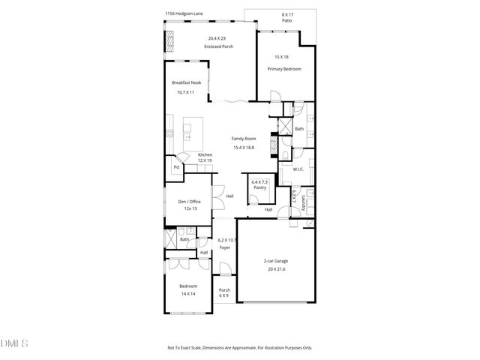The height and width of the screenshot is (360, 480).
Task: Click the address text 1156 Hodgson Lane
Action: click(x=183, y=13)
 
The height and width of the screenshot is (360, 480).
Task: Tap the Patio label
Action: click(x=287, y=20)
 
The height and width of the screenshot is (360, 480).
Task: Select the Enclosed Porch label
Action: click(x=219, y=46)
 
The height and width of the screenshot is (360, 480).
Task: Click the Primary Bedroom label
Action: click(x=284, y=69)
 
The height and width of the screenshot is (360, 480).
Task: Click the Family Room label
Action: click(x=244, y=139)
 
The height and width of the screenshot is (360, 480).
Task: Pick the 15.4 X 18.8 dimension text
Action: click(x=244, y=147)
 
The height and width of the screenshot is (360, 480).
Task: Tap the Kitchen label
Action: click(x=205, y=154)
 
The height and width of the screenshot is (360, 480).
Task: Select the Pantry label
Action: click(x=259, y=188)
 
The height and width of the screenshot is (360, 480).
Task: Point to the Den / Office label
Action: click(x=189, y=201)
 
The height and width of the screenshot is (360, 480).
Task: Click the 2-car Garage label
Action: click(x=275, y=261)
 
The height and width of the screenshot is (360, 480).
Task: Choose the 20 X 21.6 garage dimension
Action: click(x=275, y=268)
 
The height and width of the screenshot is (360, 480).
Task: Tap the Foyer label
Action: click(x=224, y=247)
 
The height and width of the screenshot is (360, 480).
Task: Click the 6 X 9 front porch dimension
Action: click(x=224, y=297)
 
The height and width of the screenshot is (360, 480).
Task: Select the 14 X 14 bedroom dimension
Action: click(x=187, y=294)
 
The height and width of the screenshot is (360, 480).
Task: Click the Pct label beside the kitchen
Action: click(x=175, y=167)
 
